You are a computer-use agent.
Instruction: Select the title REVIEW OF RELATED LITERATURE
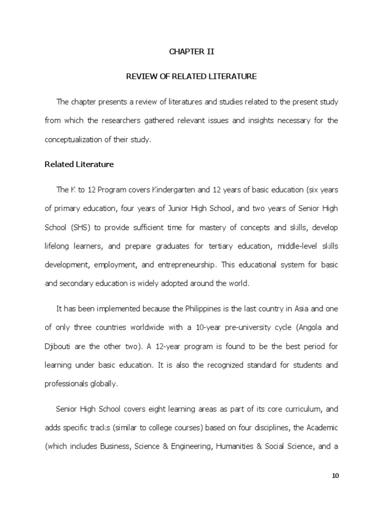pyautogui.click(x=191, y=76)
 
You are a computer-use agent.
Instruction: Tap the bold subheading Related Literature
pyautogui.click(x=79, y=164)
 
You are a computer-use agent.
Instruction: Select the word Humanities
pyautogui.click(x=233, y=446)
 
